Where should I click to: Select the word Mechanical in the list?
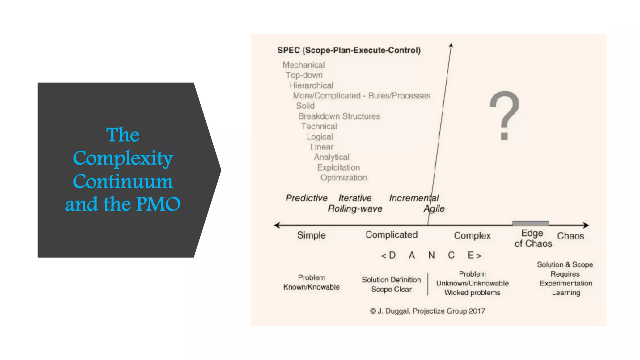point(303,65)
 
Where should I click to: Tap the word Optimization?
point(343,178)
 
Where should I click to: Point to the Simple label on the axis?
point(311,235)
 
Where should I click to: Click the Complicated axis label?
point(392,235)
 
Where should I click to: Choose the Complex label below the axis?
point(472,236)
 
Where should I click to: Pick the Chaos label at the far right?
point(570,236)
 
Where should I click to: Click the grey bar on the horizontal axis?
point(530,223)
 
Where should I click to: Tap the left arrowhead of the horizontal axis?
point(277,225)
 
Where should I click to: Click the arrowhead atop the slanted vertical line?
point(451,46)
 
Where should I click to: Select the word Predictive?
point(307,198)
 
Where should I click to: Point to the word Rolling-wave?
point(355,209)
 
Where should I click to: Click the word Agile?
point(434,209)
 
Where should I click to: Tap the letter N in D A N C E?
point(432,256)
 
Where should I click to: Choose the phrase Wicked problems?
point(472,292)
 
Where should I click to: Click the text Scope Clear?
point(391,289)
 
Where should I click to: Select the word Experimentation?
point(566,283)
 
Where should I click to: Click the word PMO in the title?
point(158,204)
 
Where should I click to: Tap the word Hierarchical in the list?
point(311,86)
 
